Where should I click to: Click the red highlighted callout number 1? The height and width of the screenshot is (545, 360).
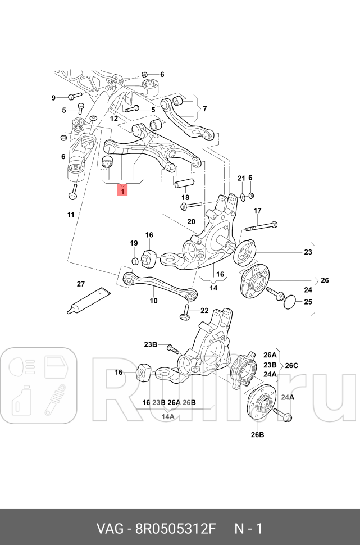tap(122, 191)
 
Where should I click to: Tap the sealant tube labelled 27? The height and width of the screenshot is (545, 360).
tap(88, 301)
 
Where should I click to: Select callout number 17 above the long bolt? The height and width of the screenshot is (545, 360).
tap(257, 211)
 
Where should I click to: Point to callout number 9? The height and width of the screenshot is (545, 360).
tap(54, 98)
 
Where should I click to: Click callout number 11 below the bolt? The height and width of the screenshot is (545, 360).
tap(71, 215)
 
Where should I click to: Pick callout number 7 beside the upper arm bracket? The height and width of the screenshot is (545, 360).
tap(204, 108)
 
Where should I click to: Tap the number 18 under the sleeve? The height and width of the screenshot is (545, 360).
tap(185, 197)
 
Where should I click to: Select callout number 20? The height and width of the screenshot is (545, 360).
tap(191, 221)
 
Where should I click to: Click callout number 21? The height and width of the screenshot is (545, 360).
tap(240, 178)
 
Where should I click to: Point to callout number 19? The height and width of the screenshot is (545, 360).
tap(134, 243)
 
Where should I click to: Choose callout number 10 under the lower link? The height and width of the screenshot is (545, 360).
tap(153, 301)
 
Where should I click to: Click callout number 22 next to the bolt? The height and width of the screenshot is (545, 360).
tap(204, 311)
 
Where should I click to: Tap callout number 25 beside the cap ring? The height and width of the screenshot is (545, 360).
tap(308, 302)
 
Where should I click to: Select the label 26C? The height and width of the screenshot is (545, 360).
tap(291, 365)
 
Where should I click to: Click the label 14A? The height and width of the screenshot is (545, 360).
tap(167, 417)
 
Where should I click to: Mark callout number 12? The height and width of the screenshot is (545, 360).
tap(113, 119)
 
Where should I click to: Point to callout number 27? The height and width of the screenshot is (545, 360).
tap(80, 284)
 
